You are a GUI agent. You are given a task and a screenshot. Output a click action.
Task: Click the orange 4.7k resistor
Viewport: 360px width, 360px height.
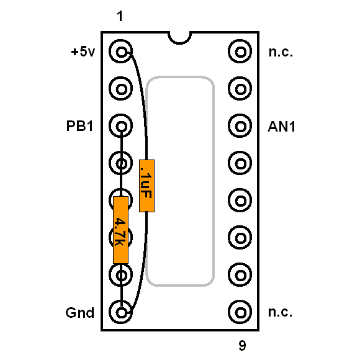[121, 230]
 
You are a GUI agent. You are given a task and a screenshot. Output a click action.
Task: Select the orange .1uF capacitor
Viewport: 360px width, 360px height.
[146, 186]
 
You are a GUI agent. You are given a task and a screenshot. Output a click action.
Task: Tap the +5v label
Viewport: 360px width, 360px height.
[83, 52]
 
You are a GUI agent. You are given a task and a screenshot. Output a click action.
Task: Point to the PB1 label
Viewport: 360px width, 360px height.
[79, 126]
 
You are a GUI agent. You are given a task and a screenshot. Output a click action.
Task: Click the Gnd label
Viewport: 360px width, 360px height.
[80, 312]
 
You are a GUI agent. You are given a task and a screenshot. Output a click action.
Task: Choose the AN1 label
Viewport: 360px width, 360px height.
[281, 127]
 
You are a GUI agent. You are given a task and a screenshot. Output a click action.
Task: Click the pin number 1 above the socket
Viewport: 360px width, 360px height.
[120, 16]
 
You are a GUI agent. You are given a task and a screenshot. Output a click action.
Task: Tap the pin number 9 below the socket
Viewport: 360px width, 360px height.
[242, 345]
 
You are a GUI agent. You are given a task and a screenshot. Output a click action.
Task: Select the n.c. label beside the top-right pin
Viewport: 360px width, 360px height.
[281, 52]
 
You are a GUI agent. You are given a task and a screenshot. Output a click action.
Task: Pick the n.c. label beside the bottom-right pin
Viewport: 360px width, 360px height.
[280, 312]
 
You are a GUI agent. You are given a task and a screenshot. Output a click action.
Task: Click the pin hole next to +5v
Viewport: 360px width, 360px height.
[121, 51]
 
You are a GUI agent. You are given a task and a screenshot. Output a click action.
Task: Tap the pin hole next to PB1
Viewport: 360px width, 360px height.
[121, 126]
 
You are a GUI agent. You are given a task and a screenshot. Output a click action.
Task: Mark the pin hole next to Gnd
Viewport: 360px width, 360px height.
[121, 312]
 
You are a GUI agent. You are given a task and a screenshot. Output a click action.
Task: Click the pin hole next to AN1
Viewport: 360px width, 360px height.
[240, 126]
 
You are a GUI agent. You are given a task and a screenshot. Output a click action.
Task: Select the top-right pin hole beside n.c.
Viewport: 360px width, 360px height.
[240, 51]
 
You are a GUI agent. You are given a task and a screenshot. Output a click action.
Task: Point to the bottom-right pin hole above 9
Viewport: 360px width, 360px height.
[240, 312]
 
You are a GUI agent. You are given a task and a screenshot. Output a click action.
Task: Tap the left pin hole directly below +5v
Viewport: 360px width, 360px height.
[121, 89]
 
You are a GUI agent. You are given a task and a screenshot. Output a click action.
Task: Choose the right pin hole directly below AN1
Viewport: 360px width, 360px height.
[240, 163]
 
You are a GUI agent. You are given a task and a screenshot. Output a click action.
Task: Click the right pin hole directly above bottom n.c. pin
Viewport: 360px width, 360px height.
[240, 275]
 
